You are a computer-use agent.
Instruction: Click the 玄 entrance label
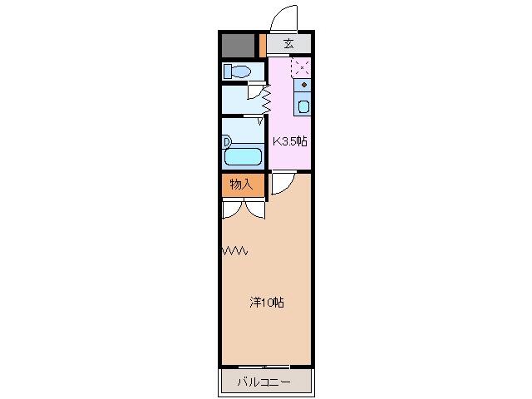pos(288,44)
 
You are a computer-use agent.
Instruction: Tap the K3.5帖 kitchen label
pos(290,141)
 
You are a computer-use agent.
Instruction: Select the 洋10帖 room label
pos(267,303)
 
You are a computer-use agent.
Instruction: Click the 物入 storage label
pos(242,185)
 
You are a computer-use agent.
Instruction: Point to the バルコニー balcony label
pos(264,382)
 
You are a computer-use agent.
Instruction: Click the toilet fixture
pos(237,71)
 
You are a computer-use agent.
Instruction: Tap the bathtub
pos(243,156)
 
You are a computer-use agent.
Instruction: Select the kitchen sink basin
pos(303,107)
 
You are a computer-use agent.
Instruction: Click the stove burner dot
pos(304,85)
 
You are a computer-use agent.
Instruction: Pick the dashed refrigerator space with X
pos(301,68)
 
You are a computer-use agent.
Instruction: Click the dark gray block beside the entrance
pos(238,46)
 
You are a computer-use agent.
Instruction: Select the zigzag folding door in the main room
pos(234,251)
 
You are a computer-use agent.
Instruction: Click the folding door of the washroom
pos(266,99)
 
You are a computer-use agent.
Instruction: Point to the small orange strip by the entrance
pos(262,46)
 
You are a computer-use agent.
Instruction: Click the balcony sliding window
pos(264,367)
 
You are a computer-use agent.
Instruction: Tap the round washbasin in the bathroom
pos(226,141)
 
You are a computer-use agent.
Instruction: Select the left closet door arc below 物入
pos(232,210)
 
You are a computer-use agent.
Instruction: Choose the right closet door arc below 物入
pos(254,210)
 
